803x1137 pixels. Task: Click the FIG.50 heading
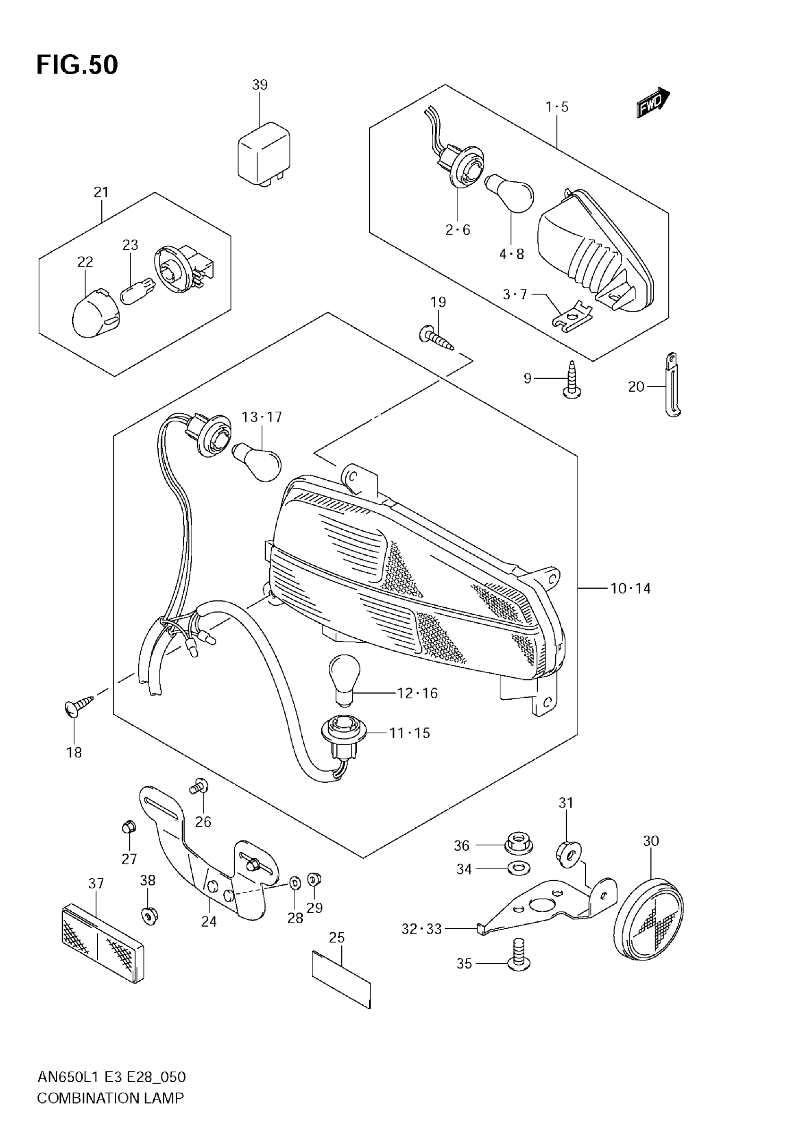pos(77,65)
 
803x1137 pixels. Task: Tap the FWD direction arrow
pos(652,102)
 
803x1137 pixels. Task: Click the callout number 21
pos(101,192)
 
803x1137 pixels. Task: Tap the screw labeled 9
pos(572,380)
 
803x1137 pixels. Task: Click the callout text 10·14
pos(630,588)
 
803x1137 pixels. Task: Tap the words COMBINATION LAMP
pos(111,1098)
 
